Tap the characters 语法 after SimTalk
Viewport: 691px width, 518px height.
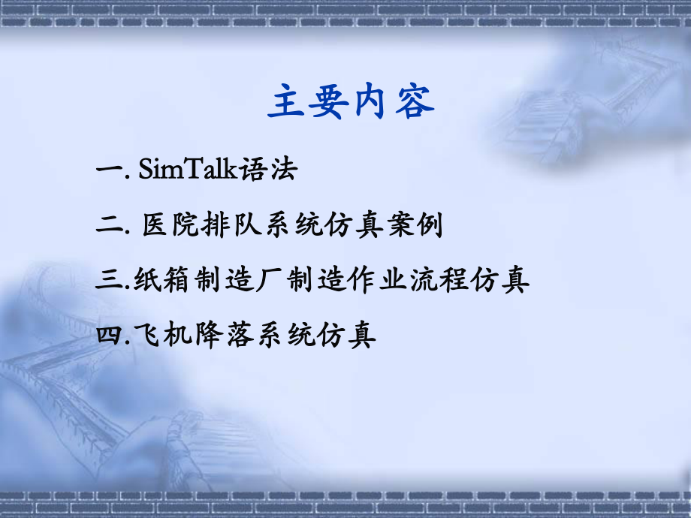pyautogui.click(x=268, y=170)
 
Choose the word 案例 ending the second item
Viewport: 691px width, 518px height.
pyautogui.click(x=412, y=225)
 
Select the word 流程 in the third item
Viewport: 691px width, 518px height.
pyautogui.click(x=439, y=280)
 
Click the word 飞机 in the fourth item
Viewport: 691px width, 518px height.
pyautogui.click(x=165, y=335)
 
